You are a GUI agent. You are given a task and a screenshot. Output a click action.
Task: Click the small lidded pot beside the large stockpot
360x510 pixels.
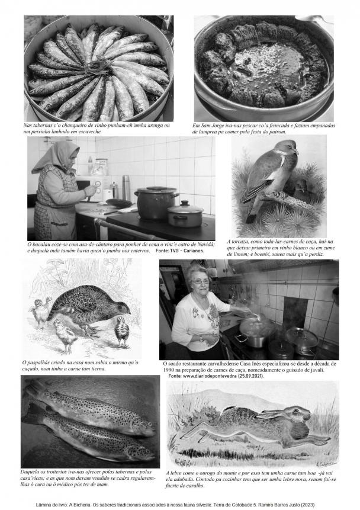pos(185,214)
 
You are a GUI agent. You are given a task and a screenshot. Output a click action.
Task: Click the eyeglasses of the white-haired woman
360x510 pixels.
pos(200,282)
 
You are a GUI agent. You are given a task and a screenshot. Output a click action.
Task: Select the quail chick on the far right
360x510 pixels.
pos(121,331)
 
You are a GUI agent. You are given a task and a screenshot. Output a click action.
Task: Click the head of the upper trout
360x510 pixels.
pos(144,426)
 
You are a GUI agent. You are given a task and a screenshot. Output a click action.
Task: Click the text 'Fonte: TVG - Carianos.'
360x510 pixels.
pos(180,251)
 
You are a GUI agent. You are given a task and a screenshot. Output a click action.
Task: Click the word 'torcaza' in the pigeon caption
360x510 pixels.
pos(241,242)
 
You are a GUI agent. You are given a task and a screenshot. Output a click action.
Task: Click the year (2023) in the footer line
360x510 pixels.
pos(308,505)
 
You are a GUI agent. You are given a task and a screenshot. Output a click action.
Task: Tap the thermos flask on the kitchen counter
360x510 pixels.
pos(126,188)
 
